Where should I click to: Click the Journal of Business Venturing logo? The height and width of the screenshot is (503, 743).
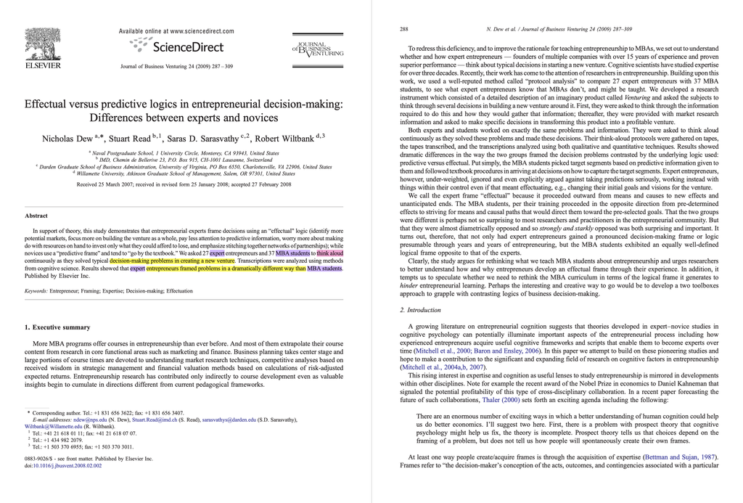point(317,49)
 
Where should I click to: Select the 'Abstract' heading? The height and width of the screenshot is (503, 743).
point(36,216)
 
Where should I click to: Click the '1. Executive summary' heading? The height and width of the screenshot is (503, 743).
point(57,327)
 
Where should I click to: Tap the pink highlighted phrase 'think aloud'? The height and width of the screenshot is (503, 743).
point(330,253)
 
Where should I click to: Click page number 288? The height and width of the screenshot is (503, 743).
point(403,30)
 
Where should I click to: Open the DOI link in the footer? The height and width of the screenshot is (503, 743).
point(67,466)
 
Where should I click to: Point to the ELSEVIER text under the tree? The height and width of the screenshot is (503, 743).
point(43,65)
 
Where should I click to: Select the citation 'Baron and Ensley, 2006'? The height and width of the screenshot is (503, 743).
point(506,350)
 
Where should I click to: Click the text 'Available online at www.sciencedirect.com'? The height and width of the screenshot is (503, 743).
point(176,31)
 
